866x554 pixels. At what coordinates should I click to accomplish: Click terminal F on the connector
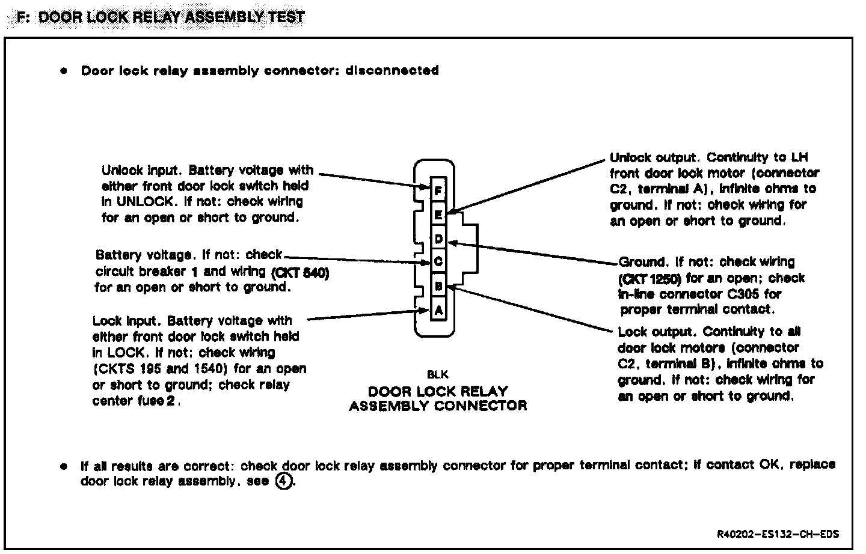tap(438, 191)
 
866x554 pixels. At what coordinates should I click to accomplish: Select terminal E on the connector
tap(438, 214)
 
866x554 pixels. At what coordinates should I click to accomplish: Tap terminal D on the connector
tap(438, 239)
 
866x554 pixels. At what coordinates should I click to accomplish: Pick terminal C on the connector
tap(438, 262)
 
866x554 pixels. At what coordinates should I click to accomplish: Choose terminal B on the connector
tap(438, 287)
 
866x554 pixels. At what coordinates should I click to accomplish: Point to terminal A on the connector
tap(438, 311)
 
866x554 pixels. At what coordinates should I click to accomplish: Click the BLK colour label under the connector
tap(438, 374)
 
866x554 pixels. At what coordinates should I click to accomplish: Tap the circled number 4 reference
tap(283, 481)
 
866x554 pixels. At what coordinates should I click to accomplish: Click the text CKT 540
tap(300, 272)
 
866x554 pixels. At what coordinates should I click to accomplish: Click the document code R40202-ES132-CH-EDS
tap(778, 534)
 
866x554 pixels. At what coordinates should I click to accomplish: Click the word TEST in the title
tap(286, 17)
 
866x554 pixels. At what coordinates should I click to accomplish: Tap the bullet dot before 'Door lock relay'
tap(63, 71)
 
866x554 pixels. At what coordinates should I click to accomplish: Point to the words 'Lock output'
tap(657, 332)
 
